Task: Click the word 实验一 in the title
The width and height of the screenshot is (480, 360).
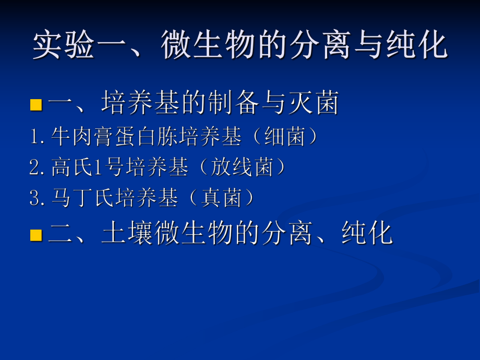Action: (x=65, y=46)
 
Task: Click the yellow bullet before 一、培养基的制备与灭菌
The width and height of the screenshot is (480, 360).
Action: (x=36, y=104)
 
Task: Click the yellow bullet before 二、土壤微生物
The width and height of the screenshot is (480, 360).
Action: (x=36, y=234)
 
